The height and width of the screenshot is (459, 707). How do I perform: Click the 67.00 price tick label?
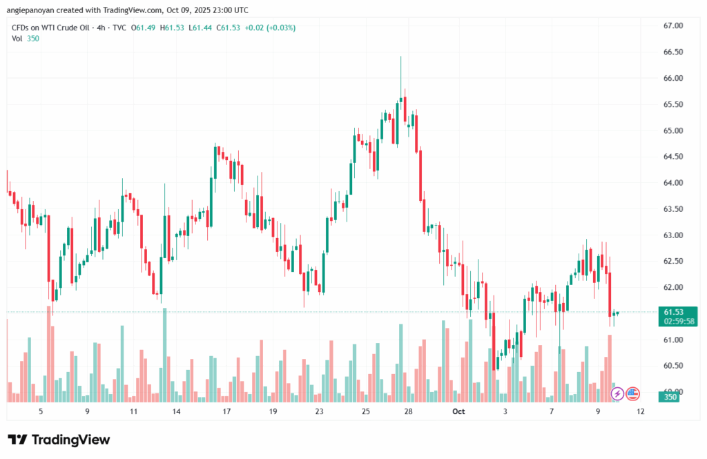coord(672,26)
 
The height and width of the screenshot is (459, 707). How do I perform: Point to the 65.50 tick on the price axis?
coord(672,104)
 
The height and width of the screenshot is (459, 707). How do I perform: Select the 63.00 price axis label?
coord(672,235)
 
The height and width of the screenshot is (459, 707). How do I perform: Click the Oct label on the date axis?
coord(459,411)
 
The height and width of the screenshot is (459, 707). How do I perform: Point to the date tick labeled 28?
coord(409,411)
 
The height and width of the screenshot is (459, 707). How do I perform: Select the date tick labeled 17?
coord(226,411)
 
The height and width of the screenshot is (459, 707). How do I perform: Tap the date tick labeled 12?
coord(642,411)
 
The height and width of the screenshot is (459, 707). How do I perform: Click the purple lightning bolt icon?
coord(619,393)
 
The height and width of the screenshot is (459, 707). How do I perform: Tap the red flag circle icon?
coord(633,393)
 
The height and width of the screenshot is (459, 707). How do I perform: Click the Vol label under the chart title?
coord(17,39)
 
